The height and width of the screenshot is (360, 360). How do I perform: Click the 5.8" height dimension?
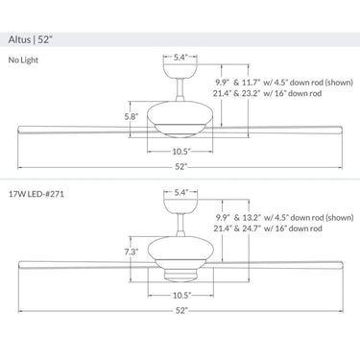131,117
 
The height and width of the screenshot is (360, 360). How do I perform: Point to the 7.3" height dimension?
131,252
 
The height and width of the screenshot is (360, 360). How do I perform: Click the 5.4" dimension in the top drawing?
180,59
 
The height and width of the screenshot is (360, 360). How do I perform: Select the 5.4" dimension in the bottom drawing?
180,193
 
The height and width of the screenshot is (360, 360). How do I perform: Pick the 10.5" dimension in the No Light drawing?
180,151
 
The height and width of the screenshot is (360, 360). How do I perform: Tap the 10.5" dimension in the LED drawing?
180,296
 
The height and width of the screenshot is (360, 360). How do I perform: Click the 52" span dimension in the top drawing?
180,167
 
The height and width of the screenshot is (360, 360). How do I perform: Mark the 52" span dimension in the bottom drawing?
180,312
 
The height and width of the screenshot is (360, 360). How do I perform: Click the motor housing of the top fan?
180,122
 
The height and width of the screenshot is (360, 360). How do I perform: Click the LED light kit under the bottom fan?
180,274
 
